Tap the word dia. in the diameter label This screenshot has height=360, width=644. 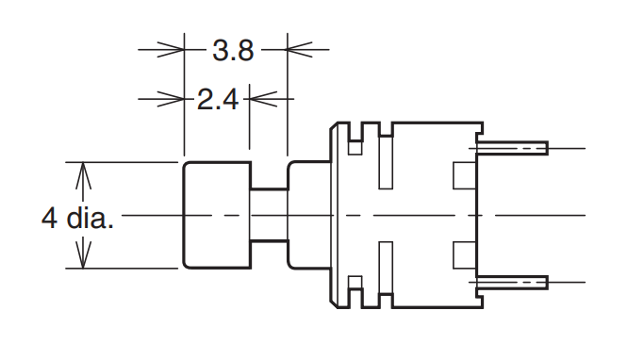tap(91, 219)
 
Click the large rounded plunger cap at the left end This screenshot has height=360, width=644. tap(216, 215)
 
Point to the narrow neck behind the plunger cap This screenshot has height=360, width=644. tap(268, 215)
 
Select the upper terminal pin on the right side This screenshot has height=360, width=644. tap(514, 148)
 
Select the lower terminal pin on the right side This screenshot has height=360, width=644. tap(514, 282)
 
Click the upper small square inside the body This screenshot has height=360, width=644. tap(464, 175)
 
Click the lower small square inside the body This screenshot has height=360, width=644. tap(464, 254)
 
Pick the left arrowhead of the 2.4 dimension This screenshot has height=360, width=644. tap(173, 96)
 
